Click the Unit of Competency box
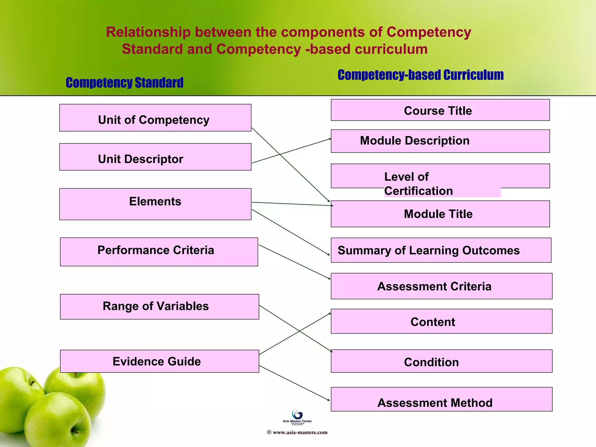click(x=155, y=118)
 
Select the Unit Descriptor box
click(x=155, y=157)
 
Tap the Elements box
click(x=155, y=204)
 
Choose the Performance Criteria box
click(x=159, y=252)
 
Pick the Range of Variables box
click(x=159, y=307)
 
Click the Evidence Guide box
click(x=159, y=361)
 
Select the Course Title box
click(x=440, y=110)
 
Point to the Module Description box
click(x=440, y=141)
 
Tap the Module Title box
click(x=440, y=214)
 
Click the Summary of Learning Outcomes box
click(x=441, y=250)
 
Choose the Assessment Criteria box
click(x=441, y=286)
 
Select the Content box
click(x=441, y=321)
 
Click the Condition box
click(x=441, y=361)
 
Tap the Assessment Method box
click(x=441, y=399)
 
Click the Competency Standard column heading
click(x=125, y=83)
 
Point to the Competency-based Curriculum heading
click(x=421, y=75)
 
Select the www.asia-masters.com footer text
click(x=297, y=432)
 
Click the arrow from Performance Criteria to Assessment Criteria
click(x=295, y=262)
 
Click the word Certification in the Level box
click(x=418, y=191)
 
